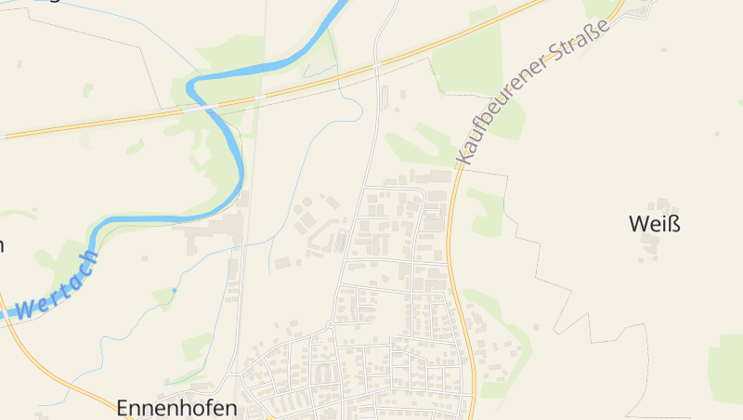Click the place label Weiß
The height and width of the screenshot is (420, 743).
point(648,224)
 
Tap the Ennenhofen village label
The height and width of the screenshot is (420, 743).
point(176,408)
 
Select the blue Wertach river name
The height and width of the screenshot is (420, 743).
point(57,285)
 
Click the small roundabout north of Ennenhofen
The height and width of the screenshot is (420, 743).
point(331,325)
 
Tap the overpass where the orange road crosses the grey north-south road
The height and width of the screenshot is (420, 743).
point(377,64)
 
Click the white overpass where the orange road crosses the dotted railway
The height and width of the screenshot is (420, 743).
point(261,94)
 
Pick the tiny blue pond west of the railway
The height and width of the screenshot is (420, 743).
point(174,290)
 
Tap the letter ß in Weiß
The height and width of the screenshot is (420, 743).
point(662,224)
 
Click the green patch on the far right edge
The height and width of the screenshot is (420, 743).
point(727,367)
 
